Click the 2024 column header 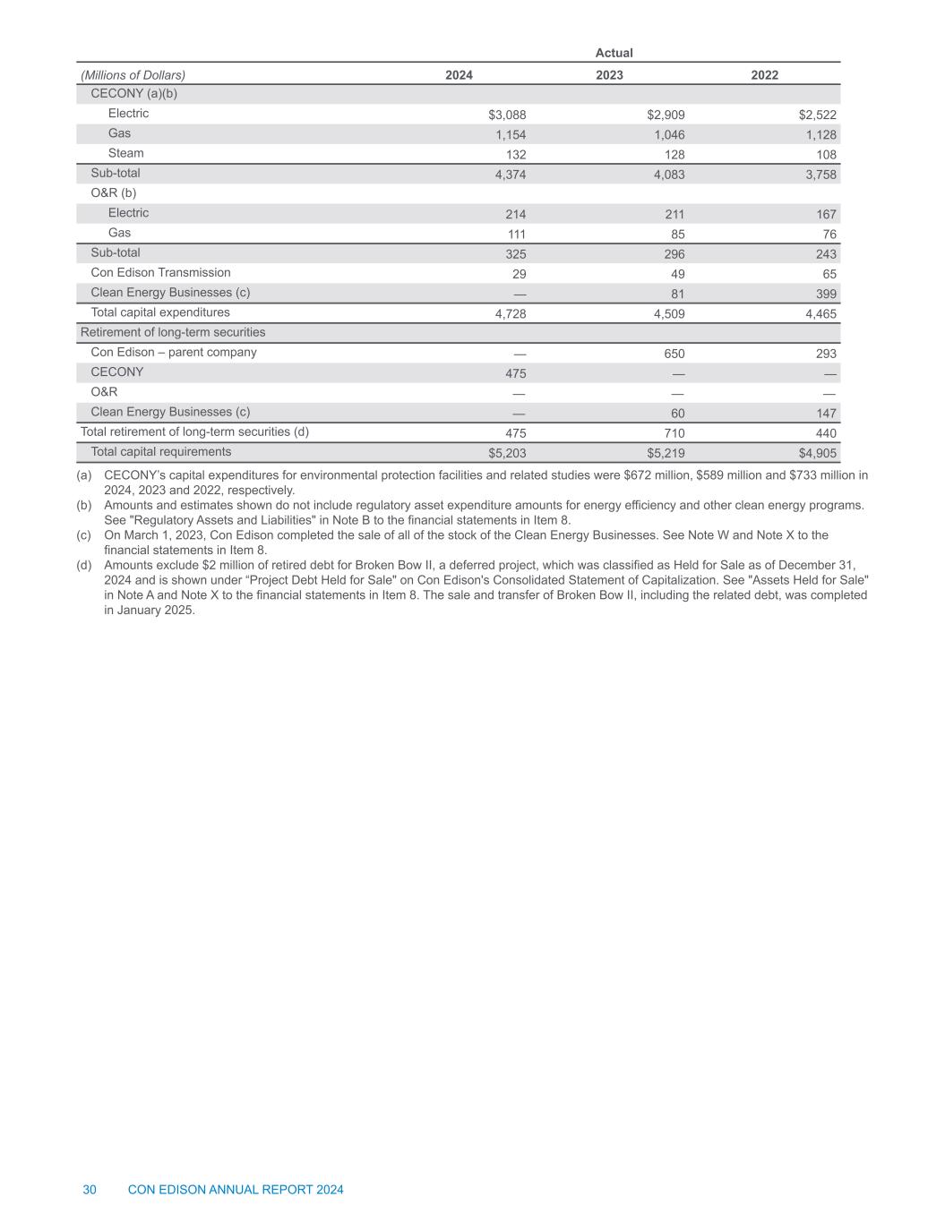459,75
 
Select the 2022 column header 764,75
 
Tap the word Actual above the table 614,53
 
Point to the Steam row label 125,153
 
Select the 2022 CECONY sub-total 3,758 819,175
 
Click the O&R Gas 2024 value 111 515,235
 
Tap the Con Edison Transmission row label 160,272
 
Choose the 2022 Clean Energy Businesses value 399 826,295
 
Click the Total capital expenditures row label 160,312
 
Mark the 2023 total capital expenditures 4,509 666,314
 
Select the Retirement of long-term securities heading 173,332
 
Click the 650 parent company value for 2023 674,354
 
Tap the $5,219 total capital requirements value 666,453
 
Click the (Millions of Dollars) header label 133,75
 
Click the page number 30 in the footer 90,1190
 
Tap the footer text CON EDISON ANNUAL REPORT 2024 236,1190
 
